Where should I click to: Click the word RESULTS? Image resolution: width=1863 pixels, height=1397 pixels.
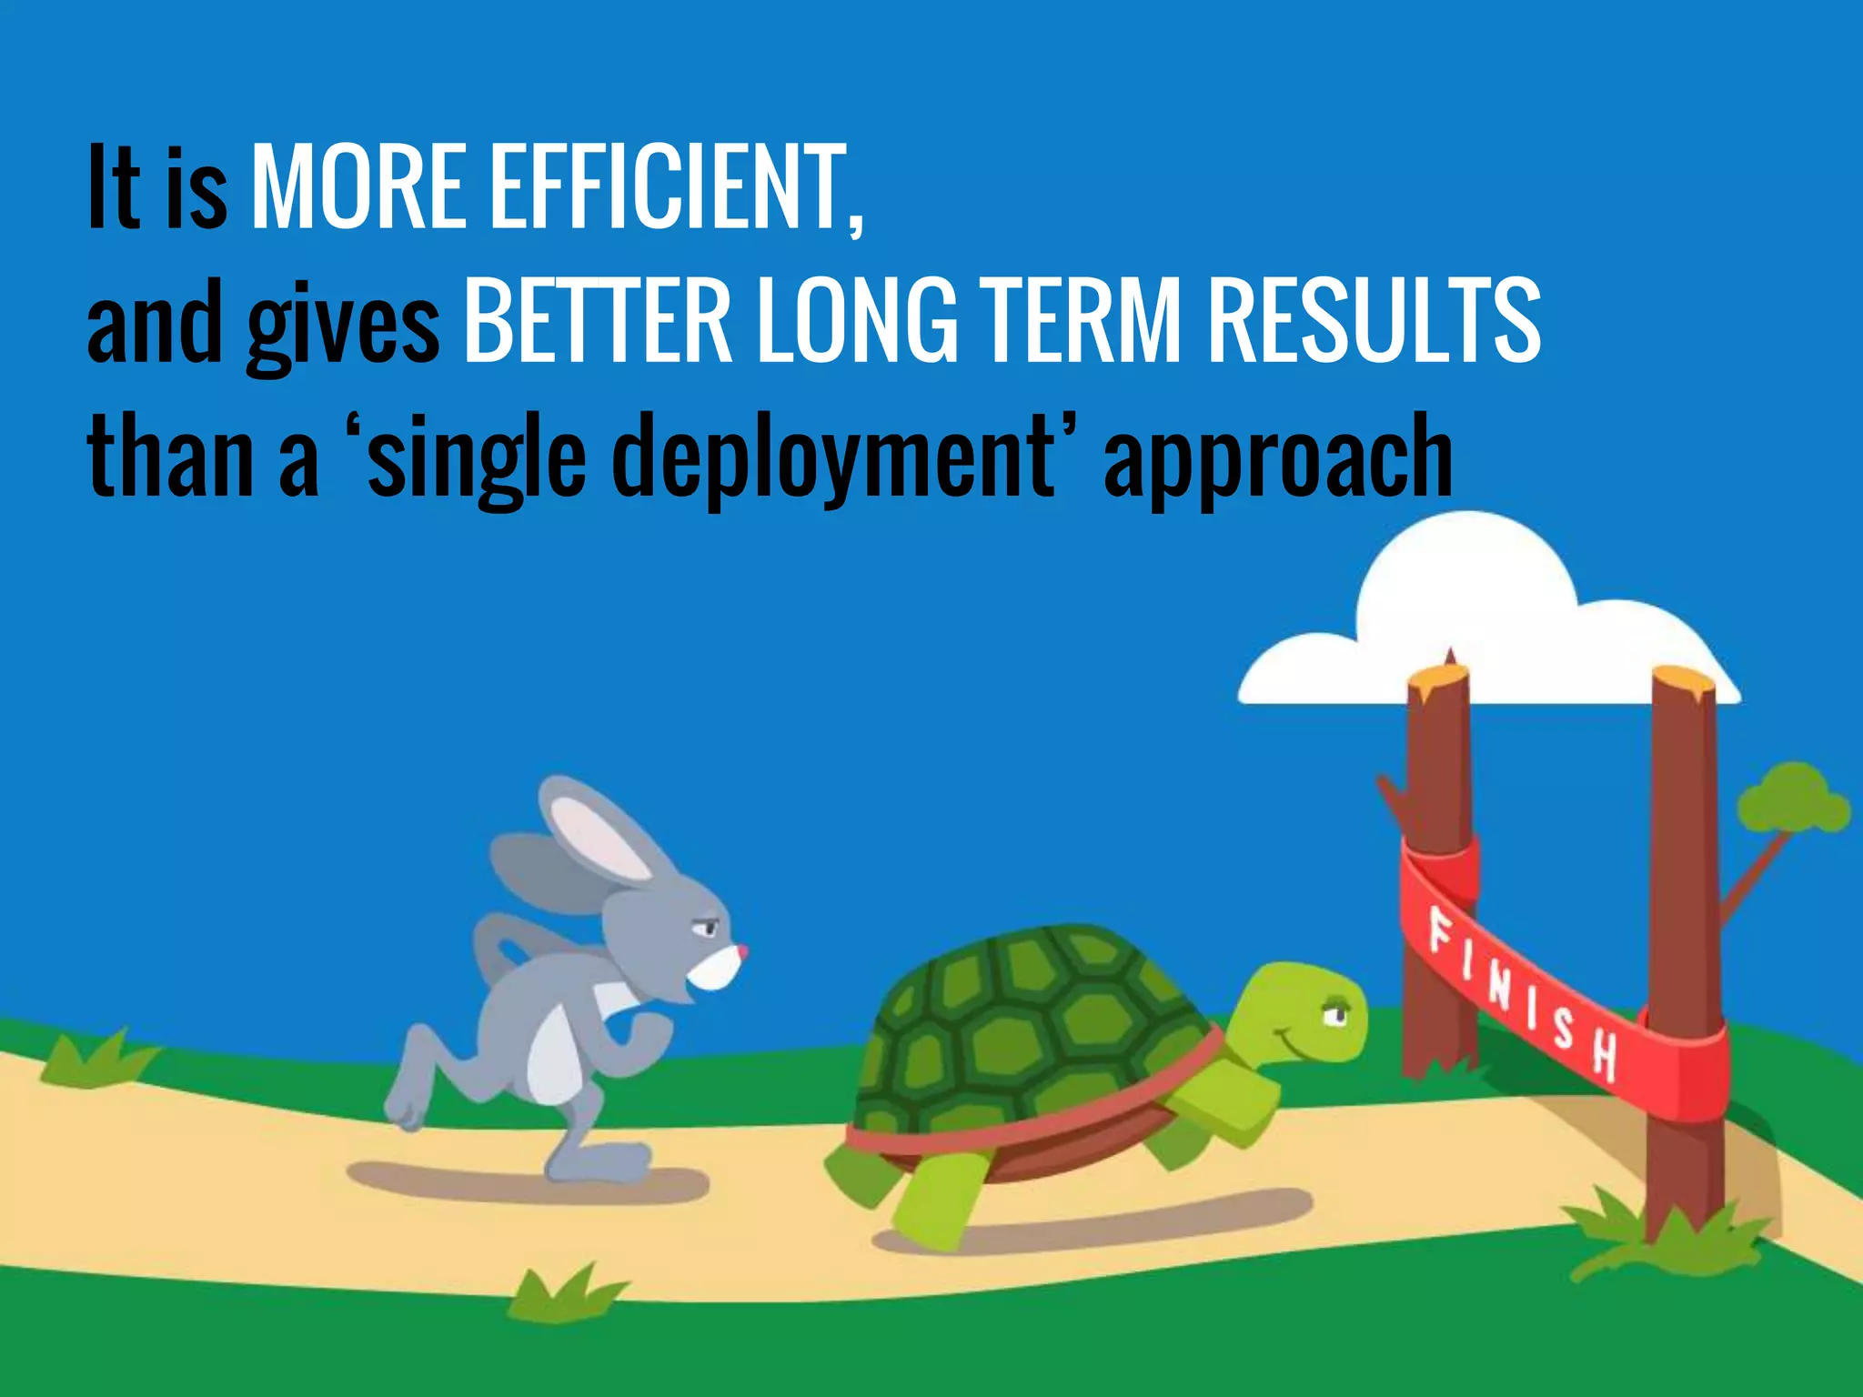pyautogui.click(x=1374, y=320)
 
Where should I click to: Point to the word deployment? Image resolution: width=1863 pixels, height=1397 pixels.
pyautogui.click(x=832, y=455)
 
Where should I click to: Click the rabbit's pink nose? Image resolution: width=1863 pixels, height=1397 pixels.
pyautogui.click(x=743, y=951)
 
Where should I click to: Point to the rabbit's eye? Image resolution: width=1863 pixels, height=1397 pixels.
pyautogui.click(x=705, y=928)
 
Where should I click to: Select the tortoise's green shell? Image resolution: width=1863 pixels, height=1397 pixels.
pyautogui.click(x=1028, y=1028)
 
